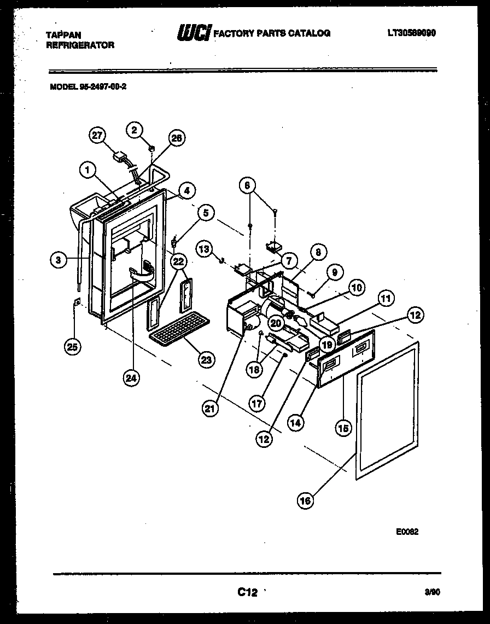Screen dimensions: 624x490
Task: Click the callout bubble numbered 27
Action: pyautogui.click(x=98, y=136)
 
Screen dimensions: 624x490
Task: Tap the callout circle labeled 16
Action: pyautogui.click(x=306, y=499)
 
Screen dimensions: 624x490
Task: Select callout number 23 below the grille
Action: pyautogui.click(x=207, y=359)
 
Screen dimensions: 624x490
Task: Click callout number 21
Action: pyautogui.click(x=211, y=407)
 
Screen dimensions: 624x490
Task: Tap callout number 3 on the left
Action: pyautogui.click(x=59, y=260)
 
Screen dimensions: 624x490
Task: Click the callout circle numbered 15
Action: pyautogui.click(x=343, y=429)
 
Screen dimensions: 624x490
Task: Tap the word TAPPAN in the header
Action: pyautogui.click(x=60, y=34)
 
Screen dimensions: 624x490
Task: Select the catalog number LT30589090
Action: pyautogui.click(x=411, y=33)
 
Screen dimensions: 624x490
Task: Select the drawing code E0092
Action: pyautogui.click(x=407, y=531)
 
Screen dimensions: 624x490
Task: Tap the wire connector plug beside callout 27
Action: pyautogui.click(x=119, y=158)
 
